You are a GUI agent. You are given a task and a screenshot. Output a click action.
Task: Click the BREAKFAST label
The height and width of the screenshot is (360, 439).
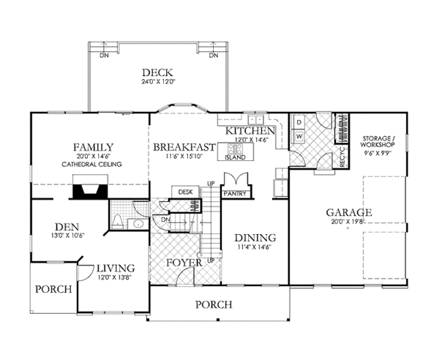tap(184, 147)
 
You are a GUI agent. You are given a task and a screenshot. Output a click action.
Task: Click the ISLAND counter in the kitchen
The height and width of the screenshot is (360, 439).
tap(235, 155)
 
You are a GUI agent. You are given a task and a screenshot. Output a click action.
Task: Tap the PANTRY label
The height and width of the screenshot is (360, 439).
tap(236, 195)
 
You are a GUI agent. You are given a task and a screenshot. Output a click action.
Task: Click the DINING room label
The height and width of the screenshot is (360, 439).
tap(255, 238)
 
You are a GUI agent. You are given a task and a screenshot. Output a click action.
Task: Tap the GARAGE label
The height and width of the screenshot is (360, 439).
tap(349, 213)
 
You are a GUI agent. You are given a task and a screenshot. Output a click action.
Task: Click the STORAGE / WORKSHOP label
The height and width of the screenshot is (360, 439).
tap(378, 142)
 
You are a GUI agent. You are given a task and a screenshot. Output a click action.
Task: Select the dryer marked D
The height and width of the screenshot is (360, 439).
tap(300, 121)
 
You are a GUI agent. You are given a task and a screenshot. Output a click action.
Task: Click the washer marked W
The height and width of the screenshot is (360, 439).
tap(300, 136)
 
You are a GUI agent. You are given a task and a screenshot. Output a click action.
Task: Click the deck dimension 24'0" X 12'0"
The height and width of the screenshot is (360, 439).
tap(158, 83)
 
